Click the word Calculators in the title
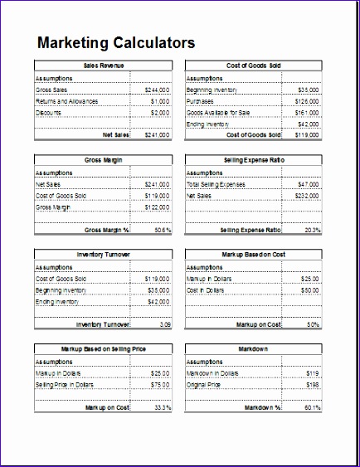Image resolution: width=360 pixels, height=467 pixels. tap(155, 43)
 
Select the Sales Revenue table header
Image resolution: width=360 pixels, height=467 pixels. tap(103, 66)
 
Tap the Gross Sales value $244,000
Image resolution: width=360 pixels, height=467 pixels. tap(157, 90)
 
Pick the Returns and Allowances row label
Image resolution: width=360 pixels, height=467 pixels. tap(67, 101)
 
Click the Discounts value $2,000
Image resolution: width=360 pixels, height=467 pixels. tap(160, 113)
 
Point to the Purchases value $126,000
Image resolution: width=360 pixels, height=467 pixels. tap(307, 101)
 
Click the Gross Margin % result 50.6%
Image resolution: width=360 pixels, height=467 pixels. tap(163, 230)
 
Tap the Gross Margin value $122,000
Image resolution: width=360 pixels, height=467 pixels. tap(157, 207)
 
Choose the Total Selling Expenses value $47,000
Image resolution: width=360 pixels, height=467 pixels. tap(308, 184)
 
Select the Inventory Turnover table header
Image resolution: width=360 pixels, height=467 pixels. tap(103, 255)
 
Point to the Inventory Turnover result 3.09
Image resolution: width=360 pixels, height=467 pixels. tap(165, 325)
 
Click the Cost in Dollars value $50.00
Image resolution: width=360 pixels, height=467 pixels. tap(309, 291)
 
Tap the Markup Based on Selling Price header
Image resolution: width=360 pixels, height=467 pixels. tap(103, 349)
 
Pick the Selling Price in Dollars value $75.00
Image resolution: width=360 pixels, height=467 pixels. tap(159, 386)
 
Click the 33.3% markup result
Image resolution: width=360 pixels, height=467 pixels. tap(163, 408)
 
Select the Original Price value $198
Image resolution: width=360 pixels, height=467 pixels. tap(313, 386)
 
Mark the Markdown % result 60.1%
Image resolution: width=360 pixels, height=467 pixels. tap(310, 408)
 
